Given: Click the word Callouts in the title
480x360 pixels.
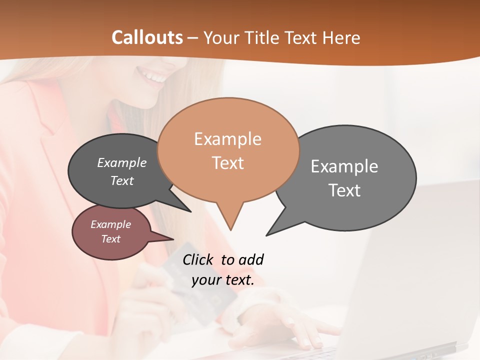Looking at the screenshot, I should (147, 37).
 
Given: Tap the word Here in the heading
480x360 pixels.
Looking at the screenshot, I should (340, 37).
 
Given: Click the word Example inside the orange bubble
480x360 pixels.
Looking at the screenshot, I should (227, 139).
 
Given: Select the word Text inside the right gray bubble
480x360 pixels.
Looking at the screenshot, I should (344, 190).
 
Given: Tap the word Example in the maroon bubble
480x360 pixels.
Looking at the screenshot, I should (110, 224).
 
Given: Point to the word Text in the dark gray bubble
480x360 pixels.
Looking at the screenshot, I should (121, 180).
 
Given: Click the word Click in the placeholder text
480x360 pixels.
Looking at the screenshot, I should (198, 259).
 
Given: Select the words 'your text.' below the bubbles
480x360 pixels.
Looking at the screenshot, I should (223, 280).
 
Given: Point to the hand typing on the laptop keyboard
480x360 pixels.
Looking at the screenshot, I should (295, 325).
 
